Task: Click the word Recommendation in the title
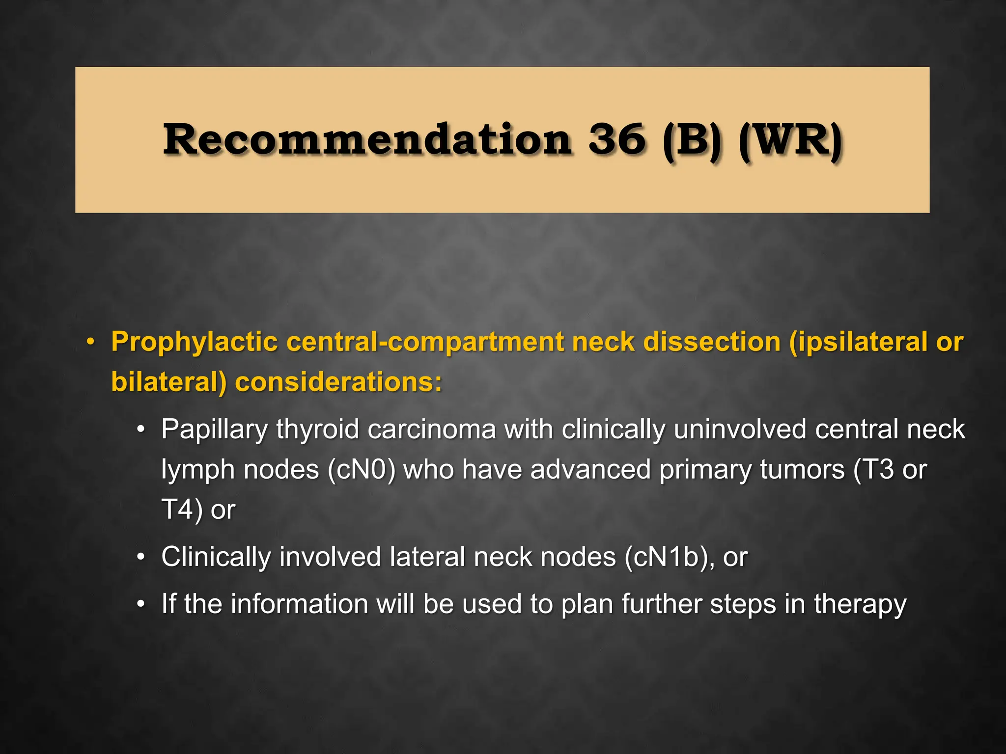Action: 367,139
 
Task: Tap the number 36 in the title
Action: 617,139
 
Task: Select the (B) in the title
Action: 692,140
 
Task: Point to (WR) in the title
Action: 790,140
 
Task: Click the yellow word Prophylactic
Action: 195,342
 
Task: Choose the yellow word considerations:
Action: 338,382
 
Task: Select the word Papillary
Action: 214,430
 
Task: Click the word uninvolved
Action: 740,430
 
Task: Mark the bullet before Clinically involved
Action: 141,557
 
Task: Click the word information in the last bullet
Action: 299,604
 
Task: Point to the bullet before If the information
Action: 141,604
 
